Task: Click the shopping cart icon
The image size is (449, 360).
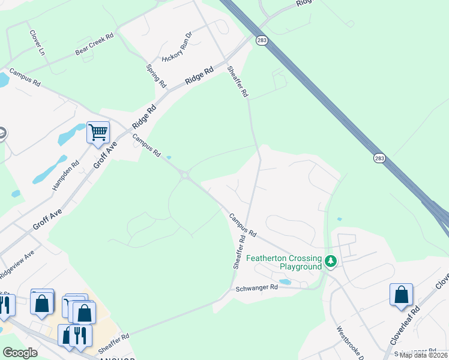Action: coord(98,132)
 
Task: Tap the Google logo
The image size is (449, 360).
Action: coord(20,353)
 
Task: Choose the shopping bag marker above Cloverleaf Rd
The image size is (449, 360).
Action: coord(401,295)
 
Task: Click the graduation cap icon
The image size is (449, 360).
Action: coord(2,133)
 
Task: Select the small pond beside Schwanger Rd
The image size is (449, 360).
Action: coord(285,281)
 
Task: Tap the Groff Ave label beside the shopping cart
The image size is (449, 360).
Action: coord(104,157)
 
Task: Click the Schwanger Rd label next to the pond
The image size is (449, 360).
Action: coord(257,288)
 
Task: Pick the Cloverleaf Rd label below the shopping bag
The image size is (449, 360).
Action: coord(403,327)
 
